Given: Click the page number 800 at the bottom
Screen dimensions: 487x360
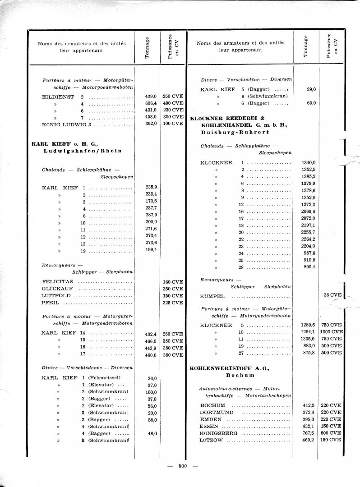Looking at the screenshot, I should tap(183, 466).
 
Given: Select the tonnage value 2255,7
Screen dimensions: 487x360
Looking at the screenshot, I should tap(308, 232).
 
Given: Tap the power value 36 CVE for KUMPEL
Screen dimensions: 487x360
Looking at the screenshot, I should tap(333, 295).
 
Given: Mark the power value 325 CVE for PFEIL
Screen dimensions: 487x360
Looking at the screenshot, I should tap(173, 303).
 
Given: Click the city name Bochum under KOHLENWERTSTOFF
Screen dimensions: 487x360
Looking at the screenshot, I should tap(235, 375).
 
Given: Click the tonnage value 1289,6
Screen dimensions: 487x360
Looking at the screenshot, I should tap(308, 325).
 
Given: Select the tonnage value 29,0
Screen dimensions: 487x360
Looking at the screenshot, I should tap(310, 89).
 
